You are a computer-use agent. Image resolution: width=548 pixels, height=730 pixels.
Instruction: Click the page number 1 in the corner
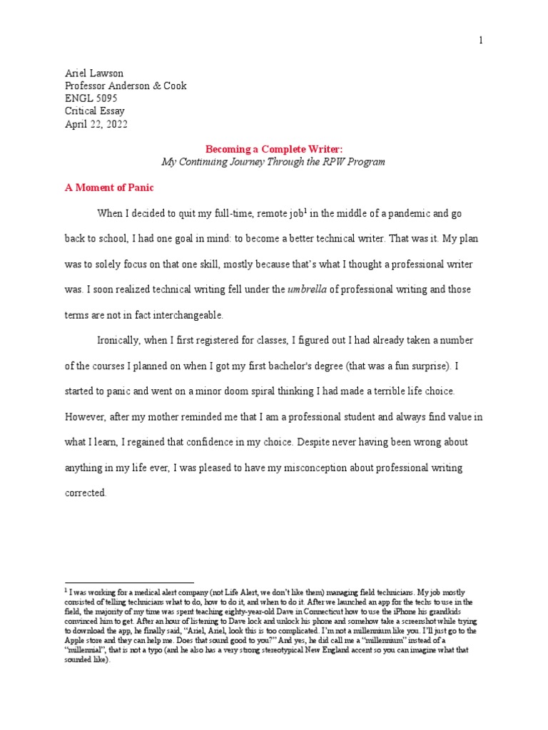click(x=481, y=41)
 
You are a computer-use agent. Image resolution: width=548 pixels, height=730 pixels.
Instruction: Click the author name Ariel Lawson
click(x=94, y=73)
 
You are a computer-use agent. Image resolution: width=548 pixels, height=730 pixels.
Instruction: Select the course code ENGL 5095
click(x=91, y=98)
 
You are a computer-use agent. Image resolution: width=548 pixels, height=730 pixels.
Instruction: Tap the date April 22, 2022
click(x=96, y=123)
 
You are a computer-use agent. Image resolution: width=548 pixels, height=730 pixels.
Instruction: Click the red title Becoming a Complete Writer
click(x=273, y=149)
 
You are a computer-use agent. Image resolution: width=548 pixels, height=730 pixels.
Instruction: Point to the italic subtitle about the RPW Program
click(x=273, y=162)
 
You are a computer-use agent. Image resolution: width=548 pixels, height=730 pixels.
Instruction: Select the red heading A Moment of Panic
click(x=109, y=187)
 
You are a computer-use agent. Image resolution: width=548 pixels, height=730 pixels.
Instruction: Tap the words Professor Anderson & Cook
click(x=126, y=86)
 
